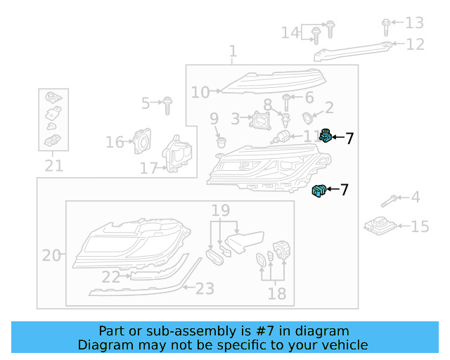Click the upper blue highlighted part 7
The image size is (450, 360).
(326, 136)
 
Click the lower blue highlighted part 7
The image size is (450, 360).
(319, 190)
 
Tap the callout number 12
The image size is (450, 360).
(415, 44)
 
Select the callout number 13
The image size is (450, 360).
(415, 22)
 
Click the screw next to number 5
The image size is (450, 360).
(167, 105)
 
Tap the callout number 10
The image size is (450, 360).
(200, 92)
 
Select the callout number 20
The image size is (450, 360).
(51, 255)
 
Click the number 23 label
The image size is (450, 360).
(204, 288)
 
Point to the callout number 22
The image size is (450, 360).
(110, 278)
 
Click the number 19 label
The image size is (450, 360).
(220, 210)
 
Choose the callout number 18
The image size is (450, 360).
(276, 293)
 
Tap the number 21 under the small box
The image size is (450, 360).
(53, 166)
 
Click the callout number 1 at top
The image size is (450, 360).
(233, 51)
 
